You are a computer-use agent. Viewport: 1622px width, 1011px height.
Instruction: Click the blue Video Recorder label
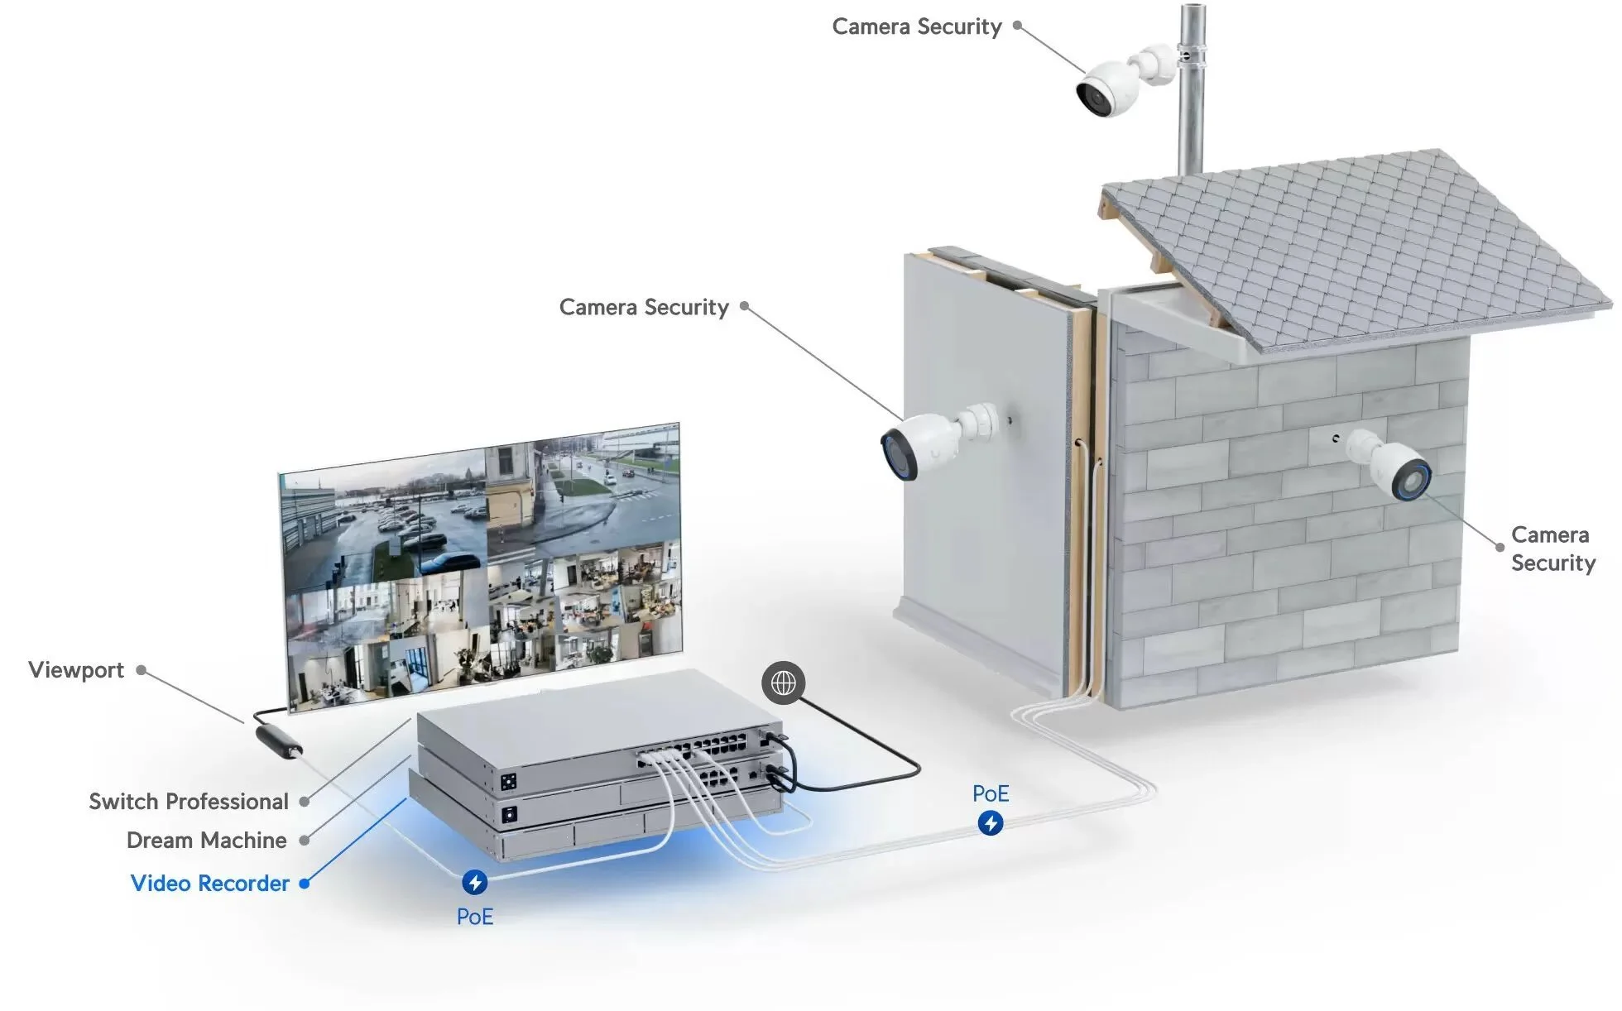210,884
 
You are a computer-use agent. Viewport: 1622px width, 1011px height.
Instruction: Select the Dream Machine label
207,841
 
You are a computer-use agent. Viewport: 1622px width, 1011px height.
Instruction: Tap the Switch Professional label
189,802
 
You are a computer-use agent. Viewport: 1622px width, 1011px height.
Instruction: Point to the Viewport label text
76,670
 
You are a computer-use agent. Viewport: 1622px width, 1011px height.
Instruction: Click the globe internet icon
783,683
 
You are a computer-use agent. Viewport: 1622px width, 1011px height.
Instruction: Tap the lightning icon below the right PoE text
991,823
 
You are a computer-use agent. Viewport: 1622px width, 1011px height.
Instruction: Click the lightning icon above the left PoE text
474,882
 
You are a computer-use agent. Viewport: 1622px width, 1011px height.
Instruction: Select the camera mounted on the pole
1110,87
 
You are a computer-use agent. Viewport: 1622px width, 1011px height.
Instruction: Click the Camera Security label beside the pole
917,26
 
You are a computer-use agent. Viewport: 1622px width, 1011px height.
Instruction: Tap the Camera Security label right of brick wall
1552,549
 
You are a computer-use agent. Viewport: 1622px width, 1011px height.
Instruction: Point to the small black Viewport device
279,740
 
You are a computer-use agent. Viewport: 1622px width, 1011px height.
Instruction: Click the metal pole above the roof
1192,91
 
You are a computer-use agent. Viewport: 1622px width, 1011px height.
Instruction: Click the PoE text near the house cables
991,794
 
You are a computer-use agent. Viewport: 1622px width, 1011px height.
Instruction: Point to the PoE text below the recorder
475,917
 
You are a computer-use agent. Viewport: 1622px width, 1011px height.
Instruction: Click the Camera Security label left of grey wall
644,308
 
